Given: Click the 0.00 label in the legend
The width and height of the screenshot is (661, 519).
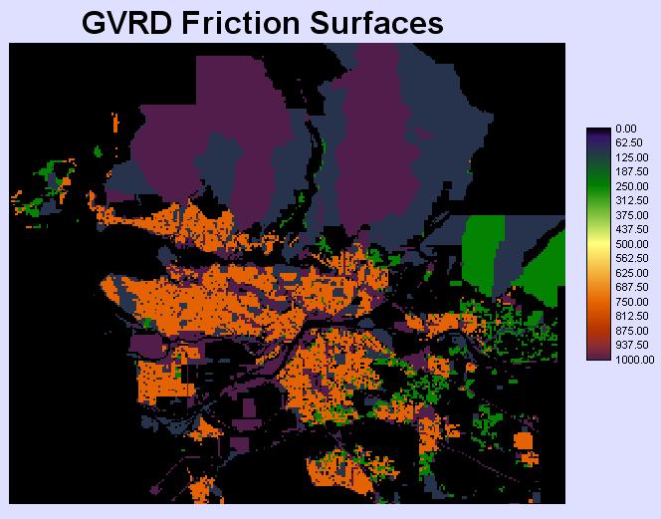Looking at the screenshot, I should click(x=625, y=129).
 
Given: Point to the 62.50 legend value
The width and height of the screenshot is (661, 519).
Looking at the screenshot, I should click(x=627, y=142).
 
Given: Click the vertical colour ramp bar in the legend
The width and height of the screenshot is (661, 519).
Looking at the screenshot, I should click(x=598, y=244).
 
